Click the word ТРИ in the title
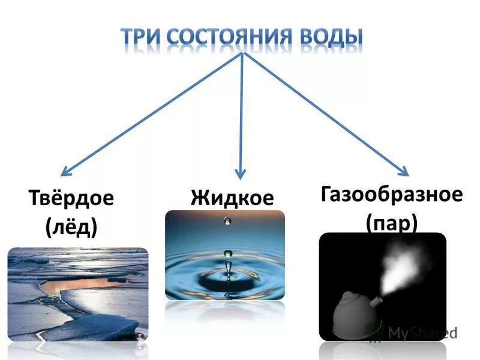point(142,37)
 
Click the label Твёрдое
point(71,199)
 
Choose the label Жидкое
point(232,197)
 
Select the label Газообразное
point(391,194)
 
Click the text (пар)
point(391,223)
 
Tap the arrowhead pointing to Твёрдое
point(66,170)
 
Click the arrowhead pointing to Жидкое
point(240,174)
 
